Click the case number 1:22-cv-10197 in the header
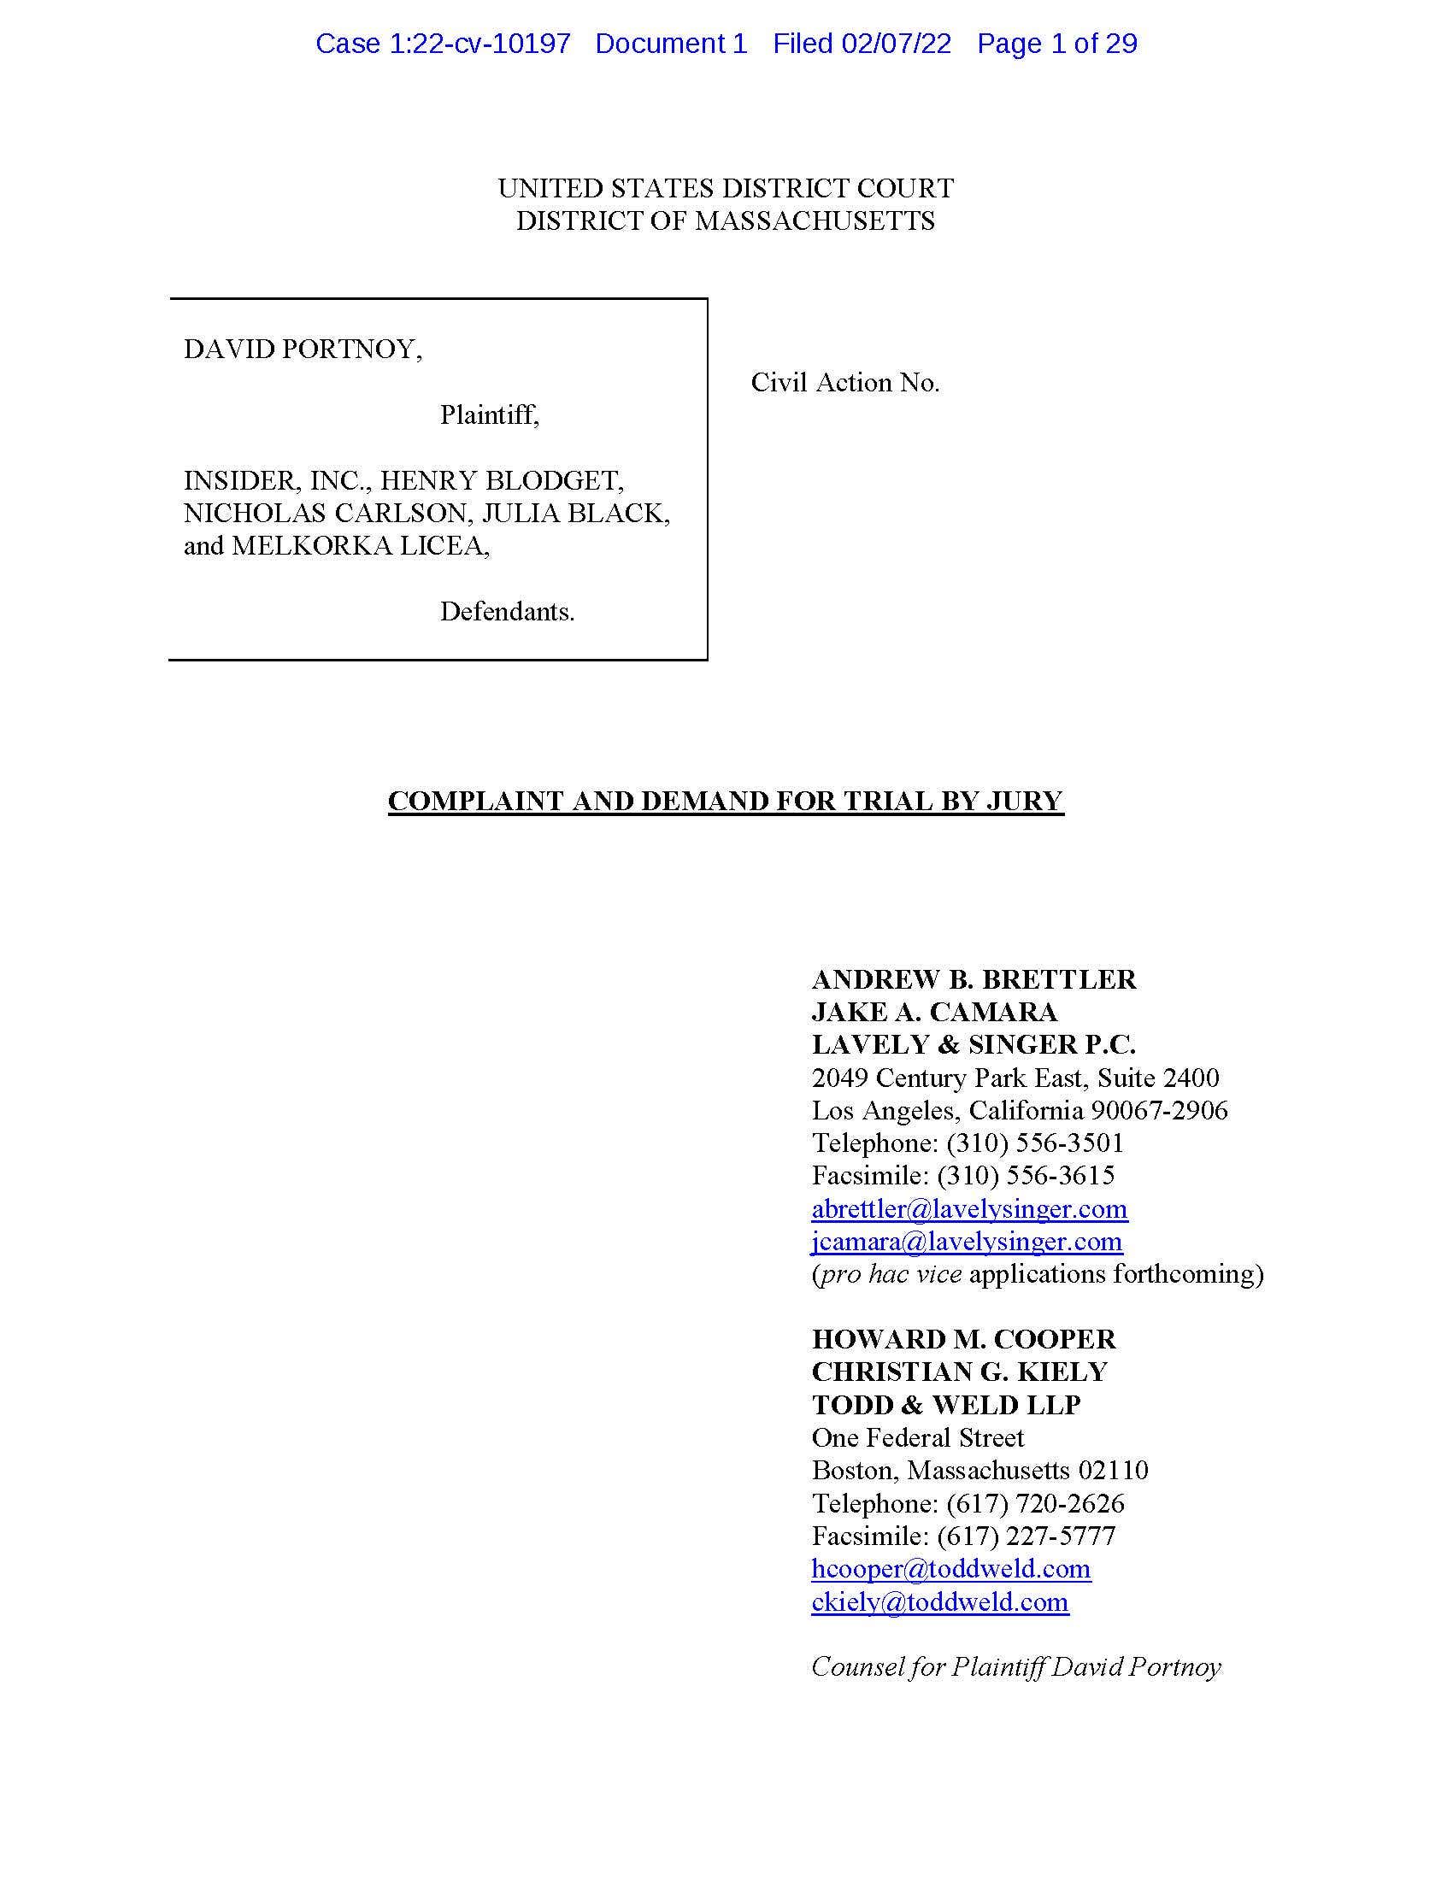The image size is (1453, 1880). (479, 44)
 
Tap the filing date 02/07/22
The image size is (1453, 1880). (896, 44)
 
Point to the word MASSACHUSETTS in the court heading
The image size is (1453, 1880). (815, 221)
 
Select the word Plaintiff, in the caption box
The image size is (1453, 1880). (489, 416)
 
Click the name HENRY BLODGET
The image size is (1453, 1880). (502, 480)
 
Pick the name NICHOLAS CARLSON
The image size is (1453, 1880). (326, 513)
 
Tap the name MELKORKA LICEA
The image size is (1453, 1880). (360, 546)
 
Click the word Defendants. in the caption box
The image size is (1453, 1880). (507, 612)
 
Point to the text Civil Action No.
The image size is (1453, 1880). (844, 383)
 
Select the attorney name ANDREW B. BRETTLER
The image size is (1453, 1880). (974, 979)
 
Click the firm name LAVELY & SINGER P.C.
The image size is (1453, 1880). (974, 1045)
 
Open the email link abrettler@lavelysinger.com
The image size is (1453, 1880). (969, 1209)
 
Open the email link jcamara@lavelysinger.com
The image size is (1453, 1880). (967, 1243)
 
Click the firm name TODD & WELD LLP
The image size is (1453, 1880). (946, 1406)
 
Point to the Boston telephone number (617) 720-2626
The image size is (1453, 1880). (1035, 1504)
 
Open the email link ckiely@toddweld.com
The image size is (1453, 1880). (940, 1602)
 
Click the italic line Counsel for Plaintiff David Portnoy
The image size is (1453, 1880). (1015, 1667)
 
